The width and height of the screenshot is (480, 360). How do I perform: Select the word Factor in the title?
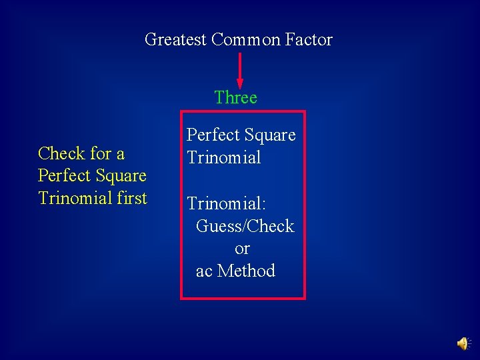[309, 40]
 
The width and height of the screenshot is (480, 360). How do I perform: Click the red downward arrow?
[239, 71]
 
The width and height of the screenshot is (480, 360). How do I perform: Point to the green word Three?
[236, 98]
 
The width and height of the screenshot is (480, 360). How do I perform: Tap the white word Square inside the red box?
[271, 136]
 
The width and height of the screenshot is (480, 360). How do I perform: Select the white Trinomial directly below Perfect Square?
[224, 158]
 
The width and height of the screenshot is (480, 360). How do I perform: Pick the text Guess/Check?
[245, 227]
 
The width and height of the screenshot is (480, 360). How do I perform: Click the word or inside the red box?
[242, 249]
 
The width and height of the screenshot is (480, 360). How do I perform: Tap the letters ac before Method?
[204, 271]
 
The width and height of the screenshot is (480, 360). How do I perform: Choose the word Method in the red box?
[246, 271]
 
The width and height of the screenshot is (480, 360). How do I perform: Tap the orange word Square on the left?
[122, 177]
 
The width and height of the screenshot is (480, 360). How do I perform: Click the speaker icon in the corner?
[462, 343]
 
